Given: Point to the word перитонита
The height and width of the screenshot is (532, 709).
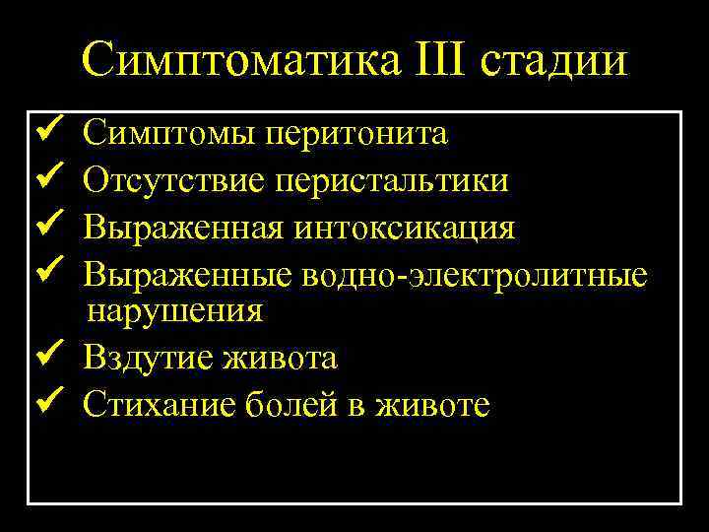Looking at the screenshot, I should [355, 134].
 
